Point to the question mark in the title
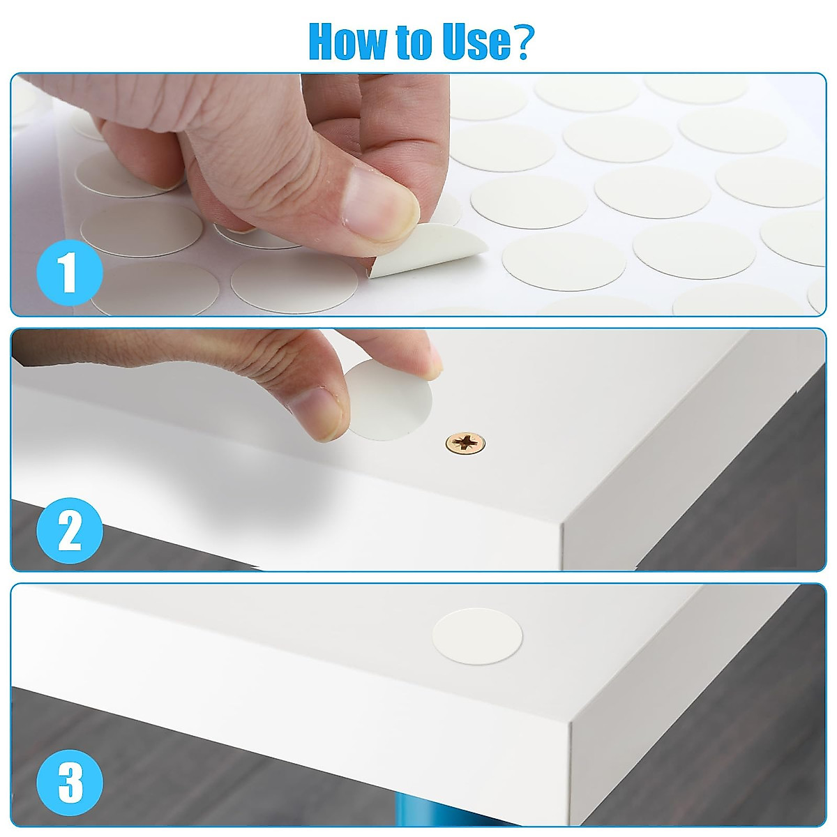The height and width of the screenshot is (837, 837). [x=523, y=42]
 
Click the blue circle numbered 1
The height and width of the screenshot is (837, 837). [x=69, y=274]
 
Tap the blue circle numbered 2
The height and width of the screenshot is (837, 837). [x=69, y=531]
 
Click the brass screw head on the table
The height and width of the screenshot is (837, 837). [x=465, y=442]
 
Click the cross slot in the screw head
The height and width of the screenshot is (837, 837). [x=465, y=442]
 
